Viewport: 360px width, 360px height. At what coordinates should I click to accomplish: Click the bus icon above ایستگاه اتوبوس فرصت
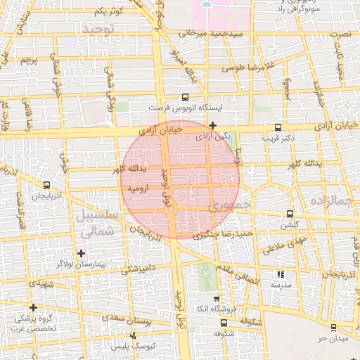coord(185,98)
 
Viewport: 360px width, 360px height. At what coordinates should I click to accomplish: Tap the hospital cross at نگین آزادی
coord(213,125)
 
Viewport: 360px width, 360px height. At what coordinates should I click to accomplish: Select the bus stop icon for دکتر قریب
coord(278,128)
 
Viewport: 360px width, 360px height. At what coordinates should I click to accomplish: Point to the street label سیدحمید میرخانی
coord(210,33)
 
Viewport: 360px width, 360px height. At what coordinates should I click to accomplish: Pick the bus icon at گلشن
coord(290,214)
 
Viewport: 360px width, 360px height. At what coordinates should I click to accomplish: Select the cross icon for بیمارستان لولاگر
coord(82,253)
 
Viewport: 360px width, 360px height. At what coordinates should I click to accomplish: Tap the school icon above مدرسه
coord(281,275)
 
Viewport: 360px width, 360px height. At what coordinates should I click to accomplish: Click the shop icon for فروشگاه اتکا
coord(217,297)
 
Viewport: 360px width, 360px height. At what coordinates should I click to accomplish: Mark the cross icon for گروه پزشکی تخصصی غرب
coord(33,307)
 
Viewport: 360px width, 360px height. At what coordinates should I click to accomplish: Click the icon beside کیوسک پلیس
coord(132,336)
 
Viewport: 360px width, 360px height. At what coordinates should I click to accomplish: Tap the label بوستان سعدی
coord(133,321)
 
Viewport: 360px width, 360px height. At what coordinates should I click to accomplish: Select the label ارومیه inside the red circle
coord(140,189)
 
